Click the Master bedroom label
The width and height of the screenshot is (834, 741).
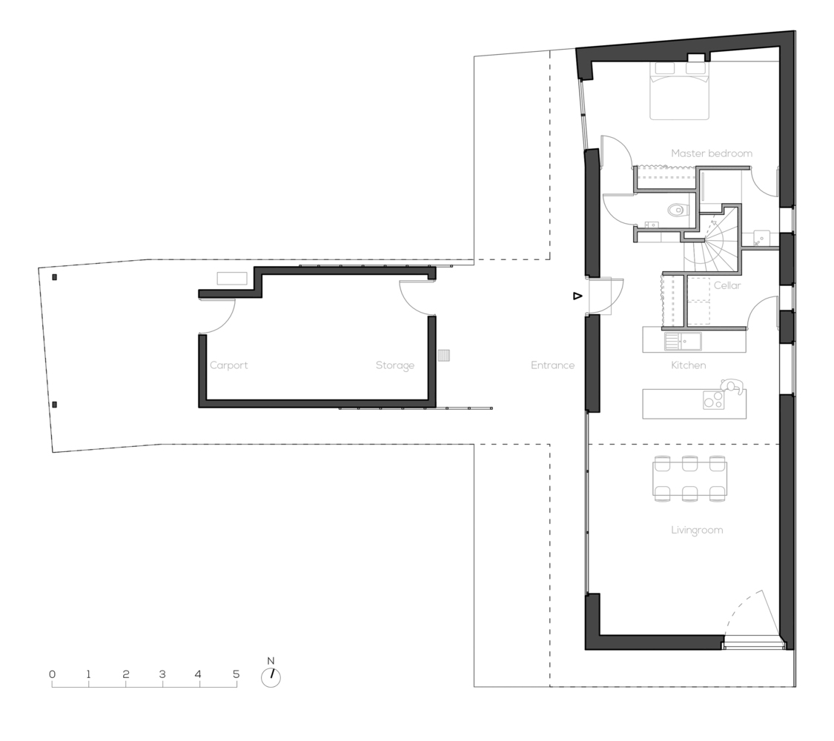(712, 153)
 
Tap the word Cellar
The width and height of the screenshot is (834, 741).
(727, 285)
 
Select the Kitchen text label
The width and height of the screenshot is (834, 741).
(688, 365)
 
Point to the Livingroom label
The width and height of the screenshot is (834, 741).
(697, 530)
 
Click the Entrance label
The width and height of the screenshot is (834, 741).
(552, 365)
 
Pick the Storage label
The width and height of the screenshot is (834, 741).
(394, 365)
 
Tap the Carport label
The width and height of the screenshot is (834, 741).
(229, 365)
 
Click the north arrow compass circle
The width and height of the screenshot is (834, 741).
(271, 677)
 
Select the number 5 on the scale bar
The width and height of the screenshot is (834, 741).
(236, 674)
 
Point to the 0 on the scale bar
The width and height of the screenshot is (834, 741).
(52, 674)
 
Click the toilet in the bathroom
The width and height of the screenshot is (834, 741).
(675, 210)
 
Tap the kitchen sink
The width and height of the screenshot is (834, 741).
(683, 342)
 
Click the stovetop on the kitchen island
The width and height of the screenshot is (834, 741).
(713, 399)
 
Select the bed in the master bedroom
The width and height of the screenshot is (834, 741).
(680, 91)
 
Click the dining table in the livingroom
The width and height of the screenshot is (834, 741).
(690, 479)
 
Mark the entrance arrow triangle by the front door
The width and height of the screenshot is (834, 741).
(577, 296)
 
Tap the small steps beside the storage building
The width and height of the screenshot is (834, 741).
(444, 355)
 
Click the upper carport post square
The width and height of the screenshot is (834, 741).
(54, 277)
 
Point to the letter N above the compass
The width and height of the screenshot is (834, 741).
(271, 661)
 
